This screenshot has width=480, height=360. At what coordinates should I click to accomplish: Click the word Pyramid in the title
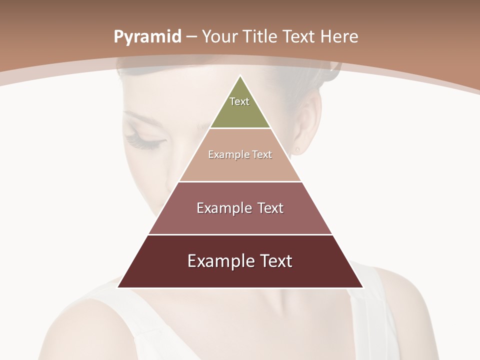(147, 37)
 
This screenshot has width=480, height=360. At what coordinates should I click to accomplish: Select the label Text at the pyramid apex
(239, 101)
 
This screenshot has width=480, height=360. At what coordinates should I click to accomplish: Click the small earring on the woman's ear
(297, 149)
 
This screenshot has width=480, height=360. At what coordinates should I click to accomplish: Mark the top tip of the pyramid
(240, 76)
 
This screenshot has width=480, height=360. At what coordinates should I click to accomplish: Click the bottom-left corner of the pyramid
(118, 287)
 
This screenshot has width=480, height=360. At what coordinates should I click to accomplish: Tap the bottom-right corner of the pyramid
(362, 287)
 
